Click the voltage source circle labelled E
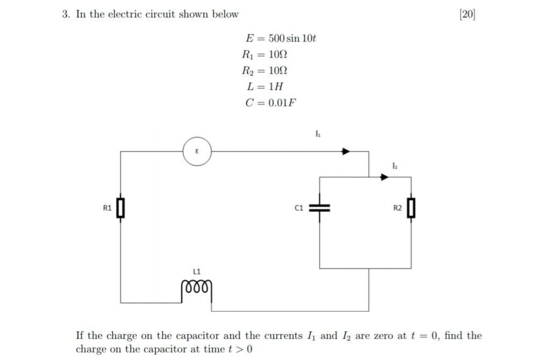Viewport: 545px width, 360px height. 197,152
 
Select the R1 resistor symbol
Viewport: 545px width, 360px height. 120,208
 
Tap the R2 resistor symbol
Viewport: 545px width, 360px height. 411,208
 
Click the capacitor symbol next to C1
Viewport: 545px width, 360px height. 320,208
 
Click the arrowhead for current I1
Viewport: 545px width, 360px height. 347,152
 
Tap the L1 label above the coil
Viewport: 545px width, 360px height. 196,271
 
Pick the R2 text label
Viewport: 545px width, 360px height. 398,208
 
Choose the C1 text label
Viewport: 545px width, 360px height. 299,208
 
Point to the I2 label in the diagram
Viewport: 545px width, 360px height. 395,167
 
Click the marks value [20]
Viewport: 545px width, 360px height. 467,15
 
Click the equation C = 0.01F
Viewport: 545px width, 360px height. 271,103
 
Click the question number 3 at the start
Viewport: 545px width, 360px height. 66,15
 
